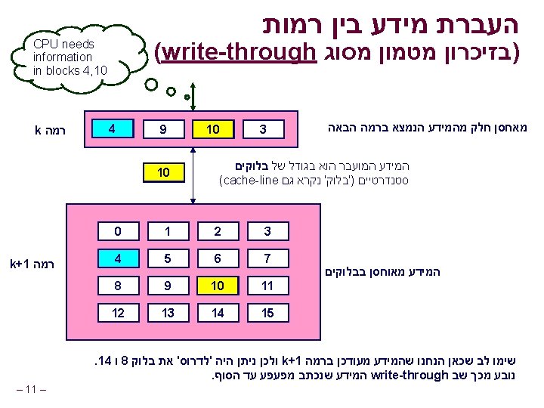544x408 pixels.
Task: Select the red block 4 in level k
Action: [111, 128]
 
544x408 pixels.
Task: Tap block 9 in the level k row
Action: [164, 130]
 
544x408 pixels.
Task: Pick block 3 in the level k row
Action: [263, 130]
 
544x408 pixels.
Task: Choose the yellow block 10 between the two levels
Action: [164, 173]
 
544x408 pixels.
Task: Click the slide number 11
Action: [30, 389]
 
